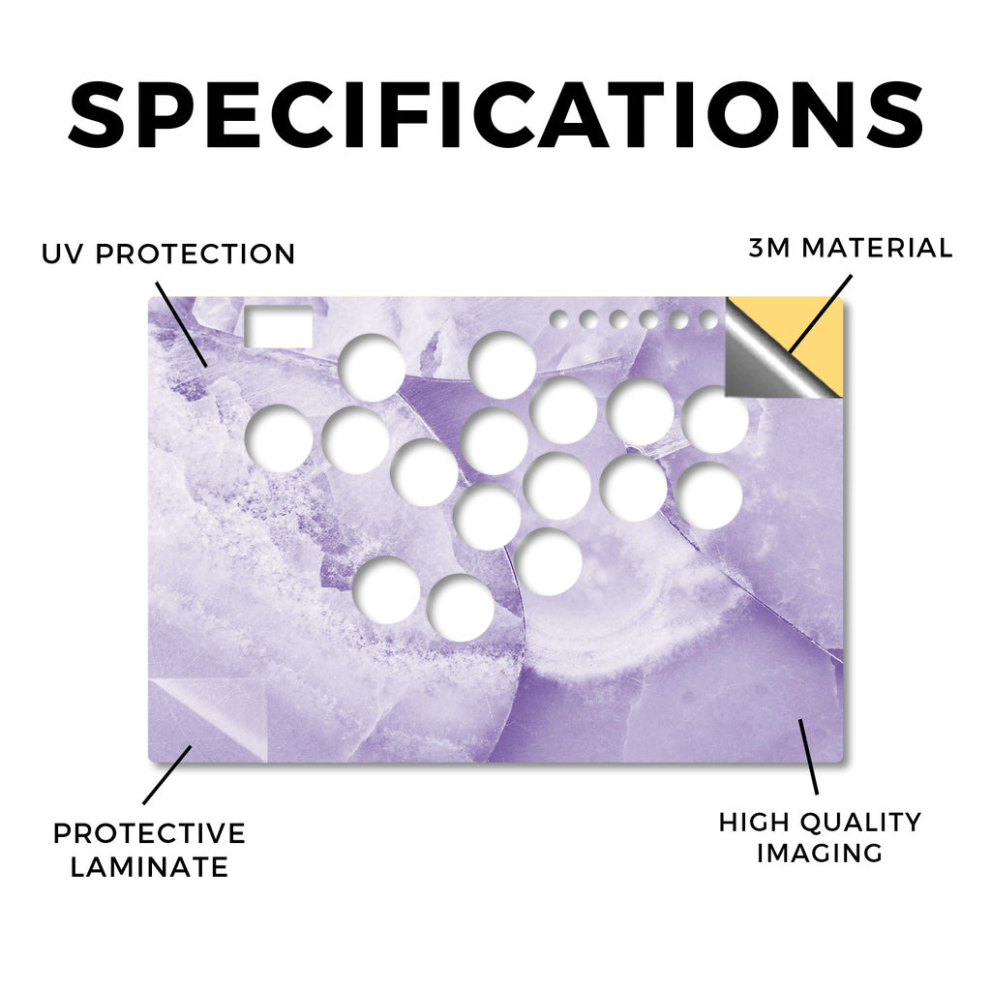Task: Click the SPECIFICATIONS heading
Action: (495, 114)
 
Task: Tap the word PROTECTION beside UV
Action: (195, 255)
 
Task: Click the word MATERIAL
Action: (877, 248)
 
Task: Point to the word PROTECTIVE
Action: (149, 833)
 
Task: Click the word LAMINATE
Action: (149, 867)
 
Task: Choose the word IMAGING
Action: (820, 854)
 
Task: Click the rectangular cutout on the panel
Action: (278, 326)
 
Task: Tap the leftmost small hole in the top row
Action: (558, 319)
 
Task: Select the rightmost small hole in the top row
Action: (709, 319)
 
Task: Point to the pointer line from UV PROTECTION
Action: (181, 325)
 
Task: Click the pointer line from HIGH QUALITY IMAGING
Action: (808, 757)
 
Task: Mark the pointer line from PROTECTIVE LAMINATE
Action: (167, 775)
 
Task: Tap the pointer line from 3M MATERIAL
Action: (820, 315)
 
